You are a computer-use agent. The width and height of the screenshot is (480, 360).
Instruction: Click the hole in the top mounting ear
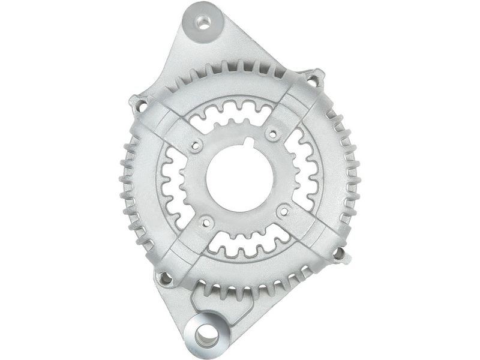(204, 23)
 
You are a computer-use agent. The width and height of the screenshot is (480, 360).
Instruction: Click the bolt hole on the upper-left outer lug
(142, 106)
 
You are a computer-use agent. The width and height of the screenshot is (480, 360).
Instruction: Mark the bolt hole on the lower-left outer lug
(164, 278)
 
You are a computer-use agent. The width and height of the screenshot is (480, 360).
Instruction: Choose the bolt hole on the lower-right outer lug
(338, 254)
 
